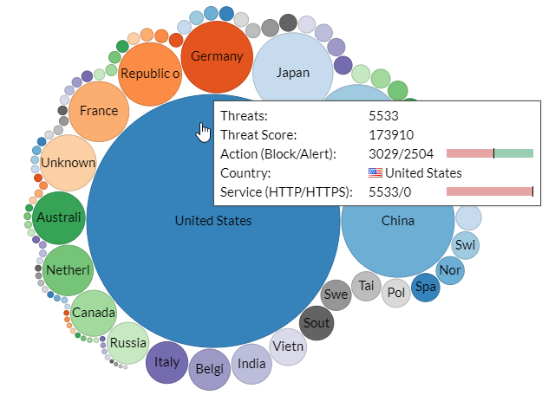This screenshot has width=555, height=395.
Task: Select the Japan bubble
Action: tap(291, 73)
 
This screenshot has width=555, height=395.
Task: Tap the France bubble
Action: tap(99, 111)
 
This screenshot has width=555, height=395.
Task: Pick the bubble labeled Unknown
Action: tap(69, 163)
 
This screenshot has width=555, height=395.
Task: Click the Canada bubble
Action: tap(94, 312)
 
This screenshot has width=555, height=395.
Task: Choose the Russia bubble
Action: tap(128, 342)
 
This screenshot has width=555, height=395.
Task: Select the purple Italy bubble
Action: tap(166, 363)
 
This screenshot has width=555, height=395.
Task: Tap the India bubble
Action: tap(251, 364)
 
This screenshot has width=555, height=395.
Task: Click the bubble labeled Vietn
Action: tap(289, 346)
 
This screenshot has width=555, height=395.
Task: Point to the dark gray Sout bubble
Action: tap(317, 323)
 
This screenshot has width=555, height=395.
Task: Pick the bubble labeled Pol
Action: tap(396, 293)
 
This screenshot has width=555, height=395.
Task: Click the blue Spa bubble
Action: tap(425, 287)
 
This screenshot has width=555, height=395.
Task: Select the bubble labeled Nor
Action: tap(450, 269)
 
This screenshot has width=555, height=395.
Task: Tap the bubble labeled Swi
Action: tap(466, 245)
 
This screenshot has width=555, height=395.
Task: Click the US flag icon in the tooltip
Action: tap(375, 173)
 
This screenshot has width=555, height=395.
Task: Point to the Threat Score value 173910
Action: tap(391, 134)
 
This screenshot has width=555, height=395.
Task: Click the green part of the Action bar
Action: tap(513, 153)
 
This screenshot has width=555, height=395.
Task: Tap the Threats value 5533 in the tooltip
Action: tap(383, 115)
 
